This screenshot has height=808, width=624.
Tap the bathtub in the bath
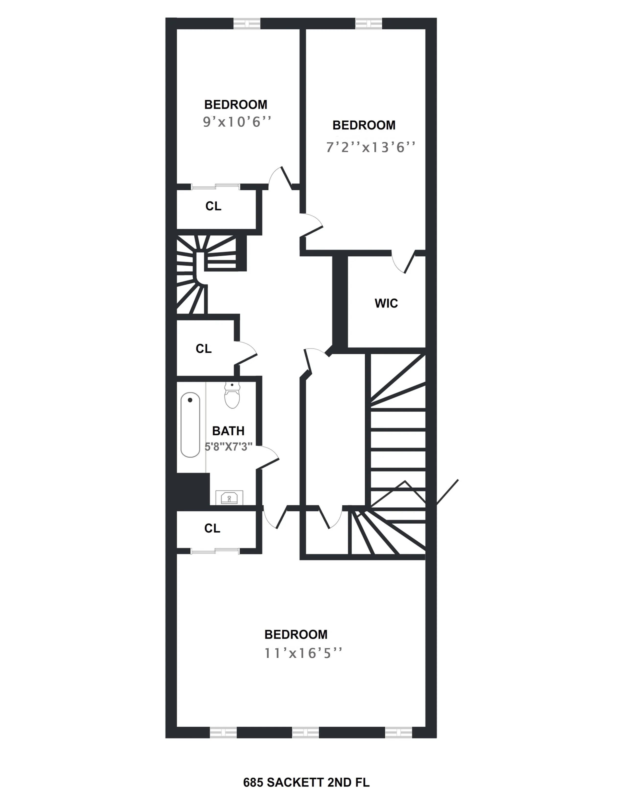pos(190,425)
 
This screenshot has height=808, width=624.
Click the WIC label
pos(386,303)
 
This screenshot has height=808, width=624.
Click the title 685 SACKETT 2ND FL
pos(306,783)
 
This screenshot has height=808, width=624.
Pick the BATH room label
pos(228,431)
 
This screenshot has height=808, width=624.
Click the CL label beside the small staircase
pos(213,206)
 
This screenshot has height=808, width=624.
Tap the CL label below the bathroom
pos(212,528)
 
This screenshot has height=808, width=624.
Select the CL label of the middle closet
pos(204,348)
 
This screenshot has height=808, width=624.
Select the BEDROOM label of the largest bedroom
pos(296,634)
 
